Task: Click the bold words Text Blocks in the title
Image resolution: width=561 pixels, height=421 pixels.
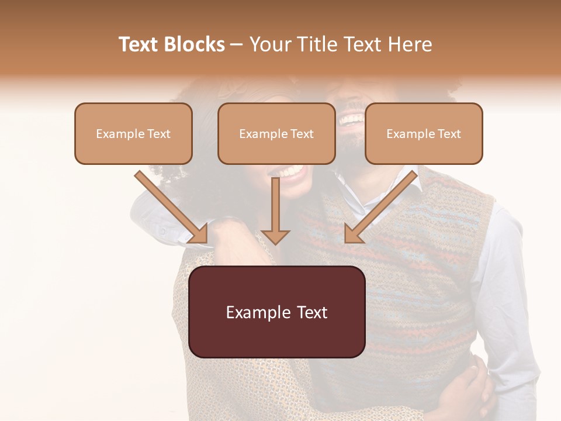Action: (x=171, y=44)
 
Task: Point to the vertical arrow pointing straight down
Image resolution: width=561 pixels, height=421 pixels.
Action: (x=275, y=210)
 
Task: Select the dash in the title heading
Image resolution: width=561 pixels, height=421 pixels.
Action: (x=237, y=45)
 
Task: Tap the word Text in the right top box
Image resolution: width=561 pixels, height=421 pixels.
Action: (x=449, y=133)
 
